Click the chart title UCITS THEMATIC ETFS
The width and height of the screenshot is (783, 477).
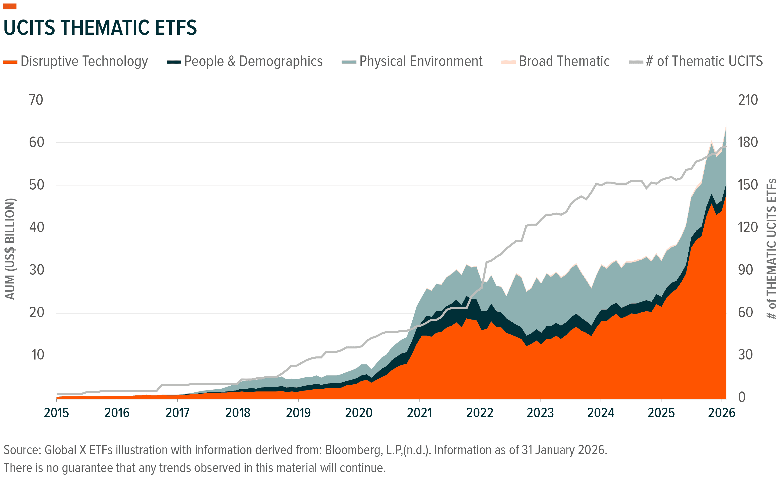click(100, 28)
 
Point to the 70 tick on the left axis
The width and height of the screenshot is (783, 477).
click(36, 100)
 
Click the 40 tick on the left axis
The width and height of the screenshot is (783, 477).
click(36, 227)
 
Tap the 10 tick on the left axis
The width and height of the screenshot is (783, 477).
click(38, 355)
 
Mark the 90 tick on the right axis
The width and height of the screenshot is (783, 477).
click(745, 270)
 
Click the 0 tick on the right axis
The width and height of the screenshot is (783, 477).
click(741, 397)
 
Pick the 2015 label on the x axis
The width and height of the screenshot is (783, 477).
click(56, 413)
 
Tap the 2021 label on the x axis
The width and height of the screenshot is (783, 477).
click(419, 413)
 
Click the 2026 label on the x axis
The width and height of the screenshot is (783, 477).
click(721, 413)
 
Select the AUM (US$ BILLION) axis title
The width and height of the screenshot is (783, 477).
click(10, 249)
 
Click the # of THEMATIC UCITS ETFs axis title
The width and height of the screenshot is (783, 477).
click(771, 249)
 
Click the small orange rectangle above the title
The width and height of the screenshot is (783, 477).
click(10, 6)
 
